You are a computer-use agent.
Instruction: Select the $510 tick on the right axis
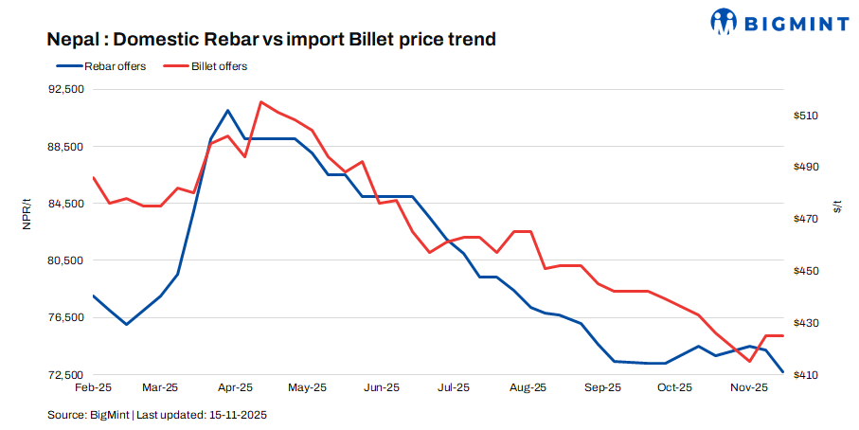(806, 116)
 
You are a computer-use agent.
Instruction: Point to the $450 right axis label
(806, 271)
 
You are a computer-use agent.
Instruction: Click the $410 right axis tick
(806, 375)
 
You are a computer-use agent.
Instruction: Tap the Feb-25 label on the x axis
(93, 387)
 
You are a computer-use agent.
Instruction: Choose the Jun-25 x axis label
(381, 387)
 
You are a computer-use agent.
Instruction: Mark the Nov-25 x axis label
(748, 387)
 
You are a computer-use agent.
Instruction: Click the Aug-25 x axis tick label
(528, 387)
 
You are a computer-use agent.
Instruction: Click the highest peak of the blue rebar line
(227, 111)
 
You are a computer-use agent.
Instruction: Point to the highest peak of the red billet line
(260, 101)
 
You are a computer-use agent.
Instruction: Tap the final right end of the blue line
(782, 372)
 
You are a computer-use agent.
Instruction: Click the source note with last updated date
(159, 415)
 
